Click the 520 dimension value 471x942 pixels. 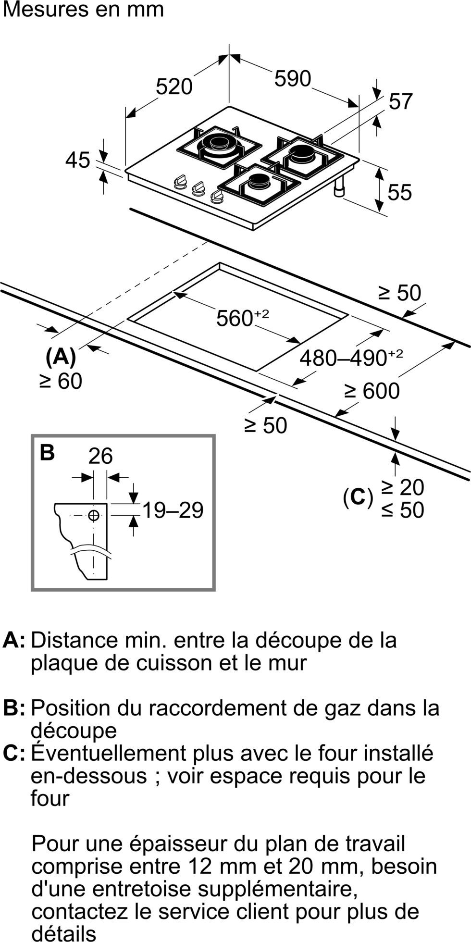point(174,87)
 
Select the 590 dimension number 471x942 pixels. point(293,78)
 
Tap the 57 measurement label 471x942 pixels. point(401,101)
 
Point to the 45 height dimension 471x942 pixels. point(78,160)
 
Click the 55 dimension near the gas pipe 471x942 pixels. point(400,192)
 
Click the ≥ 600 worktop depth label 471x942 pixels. point(372,391)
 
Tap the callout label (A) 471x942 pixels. point(61,357)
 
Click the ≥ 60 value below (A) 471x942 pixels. point(61,381)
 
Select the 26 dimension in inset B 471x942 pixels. point(100,455)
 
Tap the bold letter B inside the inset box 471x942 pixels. point(47,452)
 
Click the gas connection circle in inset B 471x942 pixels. point(94,515)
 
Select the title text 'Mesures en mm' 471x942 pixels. point(83,10)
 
